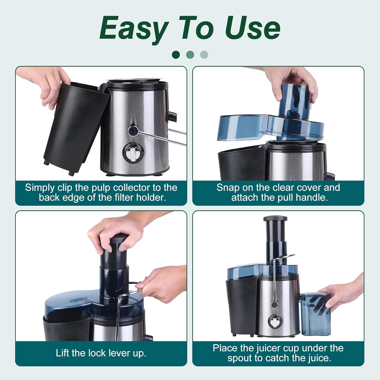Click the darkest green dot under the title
[x=176, y=54]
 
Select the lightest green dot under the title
[x=204, y=54]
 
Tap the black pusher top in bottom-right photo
[x=275, y=219]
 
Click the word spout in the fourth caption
[x=240, y=358]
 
